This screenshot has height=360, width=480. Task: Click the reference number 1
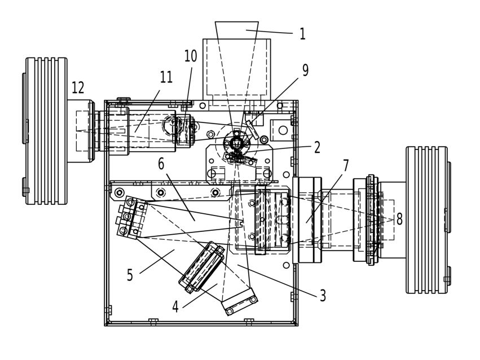pyautogui.click(x=302, y=34)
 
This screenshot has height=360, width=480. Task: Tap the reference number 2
pyautogui.click(x=317, y=147)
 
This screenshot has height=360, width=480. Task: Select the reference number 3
pyautogui.click(x=323, y=296)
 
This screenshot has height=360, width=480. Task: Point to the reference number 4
pyautogui.click(x=175, y=307)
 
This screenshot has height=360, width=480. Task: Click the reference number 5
pyautogui.click(x=130, y=275)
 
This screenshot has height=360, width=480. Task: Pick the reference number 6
pyautogui.click(x=161, y=164)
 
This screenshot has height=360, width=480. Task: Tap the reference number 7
pyautogui.click(x=346, y=166)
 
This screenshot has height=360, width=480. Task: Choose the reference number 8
pyautogui.click(x=399, y=219)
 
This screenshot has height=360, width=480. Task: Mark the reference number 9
pyautogui.click(x=306, y=70)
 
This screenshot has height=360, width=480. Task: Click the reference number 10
pyautogui.click(x=191, y=56)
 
